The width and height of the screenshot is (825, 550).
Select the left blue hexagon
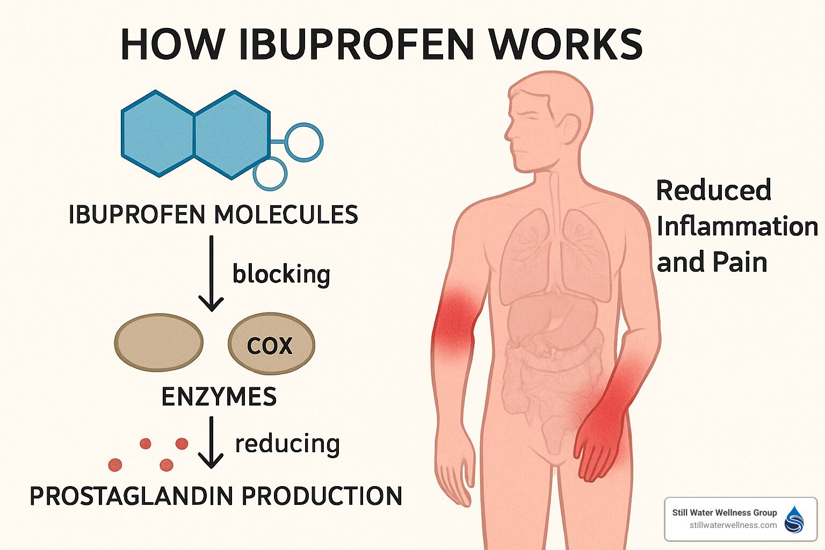pos(157,134)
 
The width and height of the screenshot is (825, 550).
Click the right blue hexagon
pos(231,134)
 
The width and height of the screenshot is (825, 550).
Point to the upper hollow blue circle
pos(303,142)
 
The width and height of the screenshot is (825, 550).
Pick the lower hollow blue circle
pos(270,173)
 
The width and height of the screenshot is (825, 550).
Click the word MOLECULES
pos(286,215)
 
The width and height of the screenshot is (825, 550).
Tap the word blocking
pos(281,274)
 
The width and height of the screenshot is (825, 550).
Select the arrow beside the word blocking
pos(211,274)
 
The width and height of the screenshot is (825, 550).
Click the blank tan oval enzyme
pos(159,343)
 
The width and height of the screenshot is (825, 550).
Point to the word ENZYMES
pos(219,397)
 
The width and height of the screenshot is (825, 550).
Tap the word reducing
pos(287,444)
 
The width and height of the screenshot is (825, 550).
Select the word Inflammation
pos(737,226)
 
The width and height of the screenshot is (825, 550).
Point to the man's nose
pos(508,133)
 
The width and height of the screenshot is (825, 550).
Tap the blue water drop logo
pos(794,519)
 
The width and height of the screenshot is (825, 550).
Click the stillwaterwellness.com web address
pos(733,525)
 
